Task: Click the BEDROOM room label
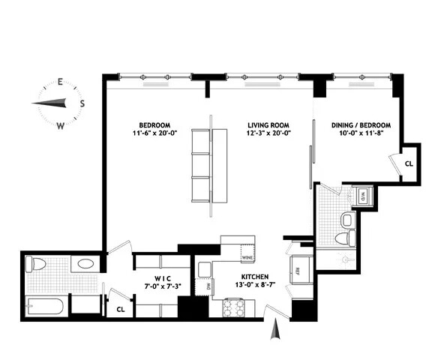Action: [154, 124]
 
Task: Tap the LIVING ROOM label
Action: [269, 124]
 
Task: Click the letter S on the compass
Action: [82, 103]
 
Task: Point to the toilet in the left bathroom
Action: [33, 264]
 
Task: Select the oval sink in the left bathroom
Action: [85, 264]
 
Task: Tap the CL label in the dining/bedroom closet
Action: [409, 163]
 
